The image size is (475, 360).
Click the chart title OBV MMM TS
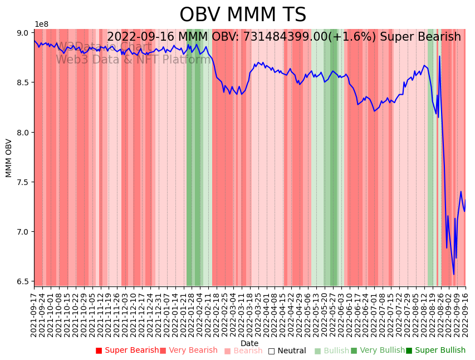[x=243, y=15]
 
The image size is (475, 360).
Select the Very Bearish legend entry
[x=189, y=351]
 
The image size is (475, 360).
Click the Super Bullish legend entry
[x=435, y=351]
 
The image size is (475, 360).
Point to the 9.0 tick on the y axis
[x=22, y=33]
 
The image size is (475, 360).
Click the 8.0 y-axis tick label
[x=22, y=133]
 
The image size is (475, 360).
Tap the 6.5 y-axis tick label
[x=22, y=281]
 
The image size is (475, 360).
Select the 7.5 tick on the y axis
[x=22, y=182]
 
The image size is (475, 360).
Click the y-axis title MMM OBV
[x=9, y=158]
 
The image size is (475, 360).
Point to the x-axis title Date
[x=249, y=343]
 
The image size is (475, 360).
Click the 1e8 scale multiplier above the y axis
[x=41, y=25]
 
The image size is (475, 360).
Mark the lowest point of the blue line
[x=453, y=274]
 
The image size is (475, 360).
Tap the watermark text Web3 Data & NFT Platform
[x=133, y=60]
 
